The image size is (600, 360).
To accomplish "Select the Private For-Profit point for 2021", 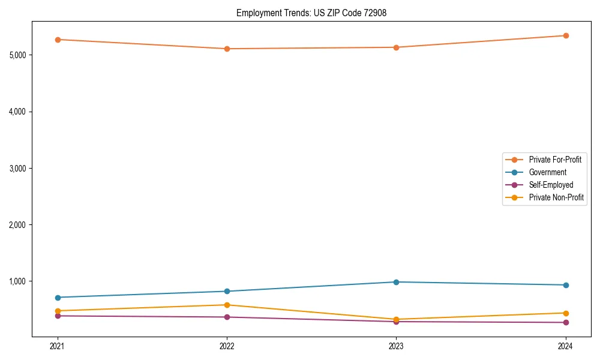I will click(58, 40).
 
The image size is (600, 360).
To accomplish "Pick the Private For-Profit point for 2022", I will click(227, 49).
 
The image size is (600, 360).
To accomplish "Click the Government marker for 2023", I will click(396, 282).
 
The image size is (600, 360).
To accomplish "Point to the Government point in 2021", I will click(58, 298).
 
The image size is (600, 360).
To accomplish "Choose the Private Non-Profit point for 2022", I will click(227, 305).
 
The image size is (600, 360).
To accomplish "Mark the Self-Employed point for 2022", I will click(227, 317).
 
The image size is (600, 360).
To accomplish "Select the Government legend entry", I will click(547, 172).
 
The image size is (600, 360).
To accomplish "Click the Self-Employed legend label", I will click(551, 185).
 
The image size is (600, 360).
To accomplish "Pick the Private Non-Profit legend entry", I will click(556, 197).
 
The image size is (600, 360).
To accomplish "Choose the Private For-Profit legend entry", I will click(555, 160).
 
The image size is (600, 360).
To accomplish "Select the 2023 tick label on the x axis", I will click(396, 346).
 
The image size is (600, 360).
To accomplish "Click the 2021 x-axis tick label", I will click(58, 346).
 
